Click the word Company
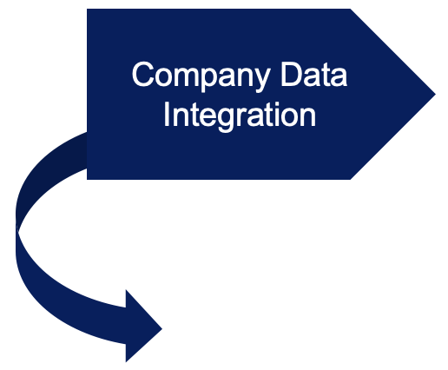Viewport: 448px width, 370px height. click(201, 76)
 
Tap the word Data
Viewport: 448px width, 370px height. click(314, 75)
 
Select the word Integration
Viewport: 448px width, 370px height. click(240, 115)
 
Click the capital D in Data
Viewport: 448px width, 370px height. click(292, 74)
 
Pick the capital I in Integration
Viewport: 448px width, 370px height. click(166, 114)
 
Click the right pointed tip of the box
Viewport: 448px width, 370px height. click(436, 94)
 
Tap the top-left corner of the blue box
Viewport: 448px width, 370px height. click(87, 9)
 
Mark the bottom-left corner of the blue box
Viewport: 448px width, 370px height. click(87, 180)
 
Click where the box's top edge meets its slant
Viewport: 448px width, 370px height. click(351, 9)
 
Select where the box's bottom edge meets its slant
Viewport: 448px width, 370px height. click(351, 180)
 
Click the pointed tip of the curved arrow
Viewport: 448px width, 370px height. click(162, 328)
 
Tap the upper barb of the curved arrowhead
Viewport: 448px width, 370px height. click(126, 289)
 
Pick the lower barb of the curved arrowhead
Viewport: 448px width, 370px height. click(126, 362)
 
